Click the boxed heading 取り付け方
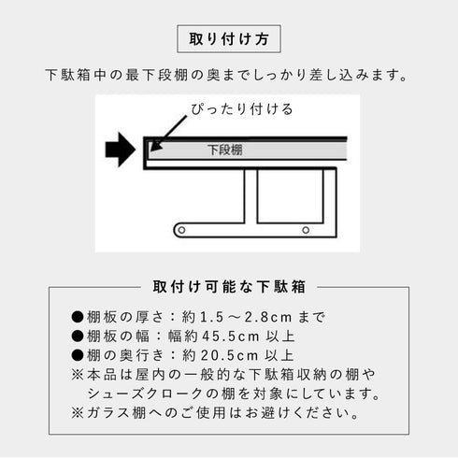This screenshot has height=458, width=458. (x=229, y=40)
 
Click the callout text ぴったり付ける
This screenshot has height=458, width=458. (x=241, y=108)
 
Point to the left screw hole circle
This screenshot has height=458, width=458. (x=179, y=229)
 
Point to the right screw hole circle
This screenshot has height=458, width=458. (x=304, y=229)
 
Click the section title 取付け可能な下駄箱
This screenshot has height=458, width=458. (x=229, y=286)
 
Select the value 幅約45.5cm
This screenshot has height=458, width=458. (x=215, y=336)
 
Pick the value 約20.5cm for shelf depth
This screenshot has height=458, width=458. (x=217, y=355)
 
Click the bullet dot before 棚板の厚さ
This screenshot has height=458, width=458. (x=78, y=316)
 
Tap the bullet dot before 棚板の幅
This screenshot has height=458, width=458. (x=78, y=336)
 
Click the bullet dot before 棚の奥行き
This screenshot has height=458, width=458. (x=78, y=355)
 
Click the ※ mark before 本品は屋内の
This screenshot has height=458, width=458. (x=77, y=374)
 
